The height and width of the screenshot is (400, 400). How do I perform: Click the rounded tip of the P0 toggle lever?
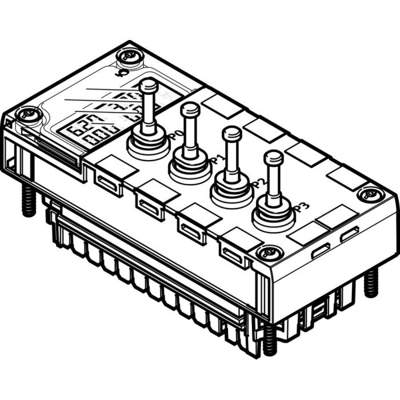[149, 85]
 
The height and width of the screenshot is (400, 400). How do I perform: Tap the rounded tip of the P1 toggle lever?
[190, 109]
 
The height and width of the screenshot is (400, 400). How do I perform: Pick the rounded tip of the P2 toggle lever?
[231, 134]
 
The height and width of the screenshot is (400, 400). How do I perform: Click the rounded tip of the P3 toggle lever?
[274, 157]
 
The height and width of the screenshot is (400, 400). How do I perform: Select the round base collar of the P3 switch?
[274, 214]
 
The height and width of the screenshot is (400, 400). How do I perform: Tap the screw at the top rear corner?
[127, 57]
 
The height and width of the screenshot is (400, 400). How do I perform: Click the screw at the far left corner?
[27, 115]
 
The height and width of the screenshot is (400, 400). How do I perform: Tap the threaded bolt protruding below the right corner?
[371, 282]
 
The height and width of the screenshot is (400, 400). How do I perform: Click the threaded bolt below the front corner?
[269, 339]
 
